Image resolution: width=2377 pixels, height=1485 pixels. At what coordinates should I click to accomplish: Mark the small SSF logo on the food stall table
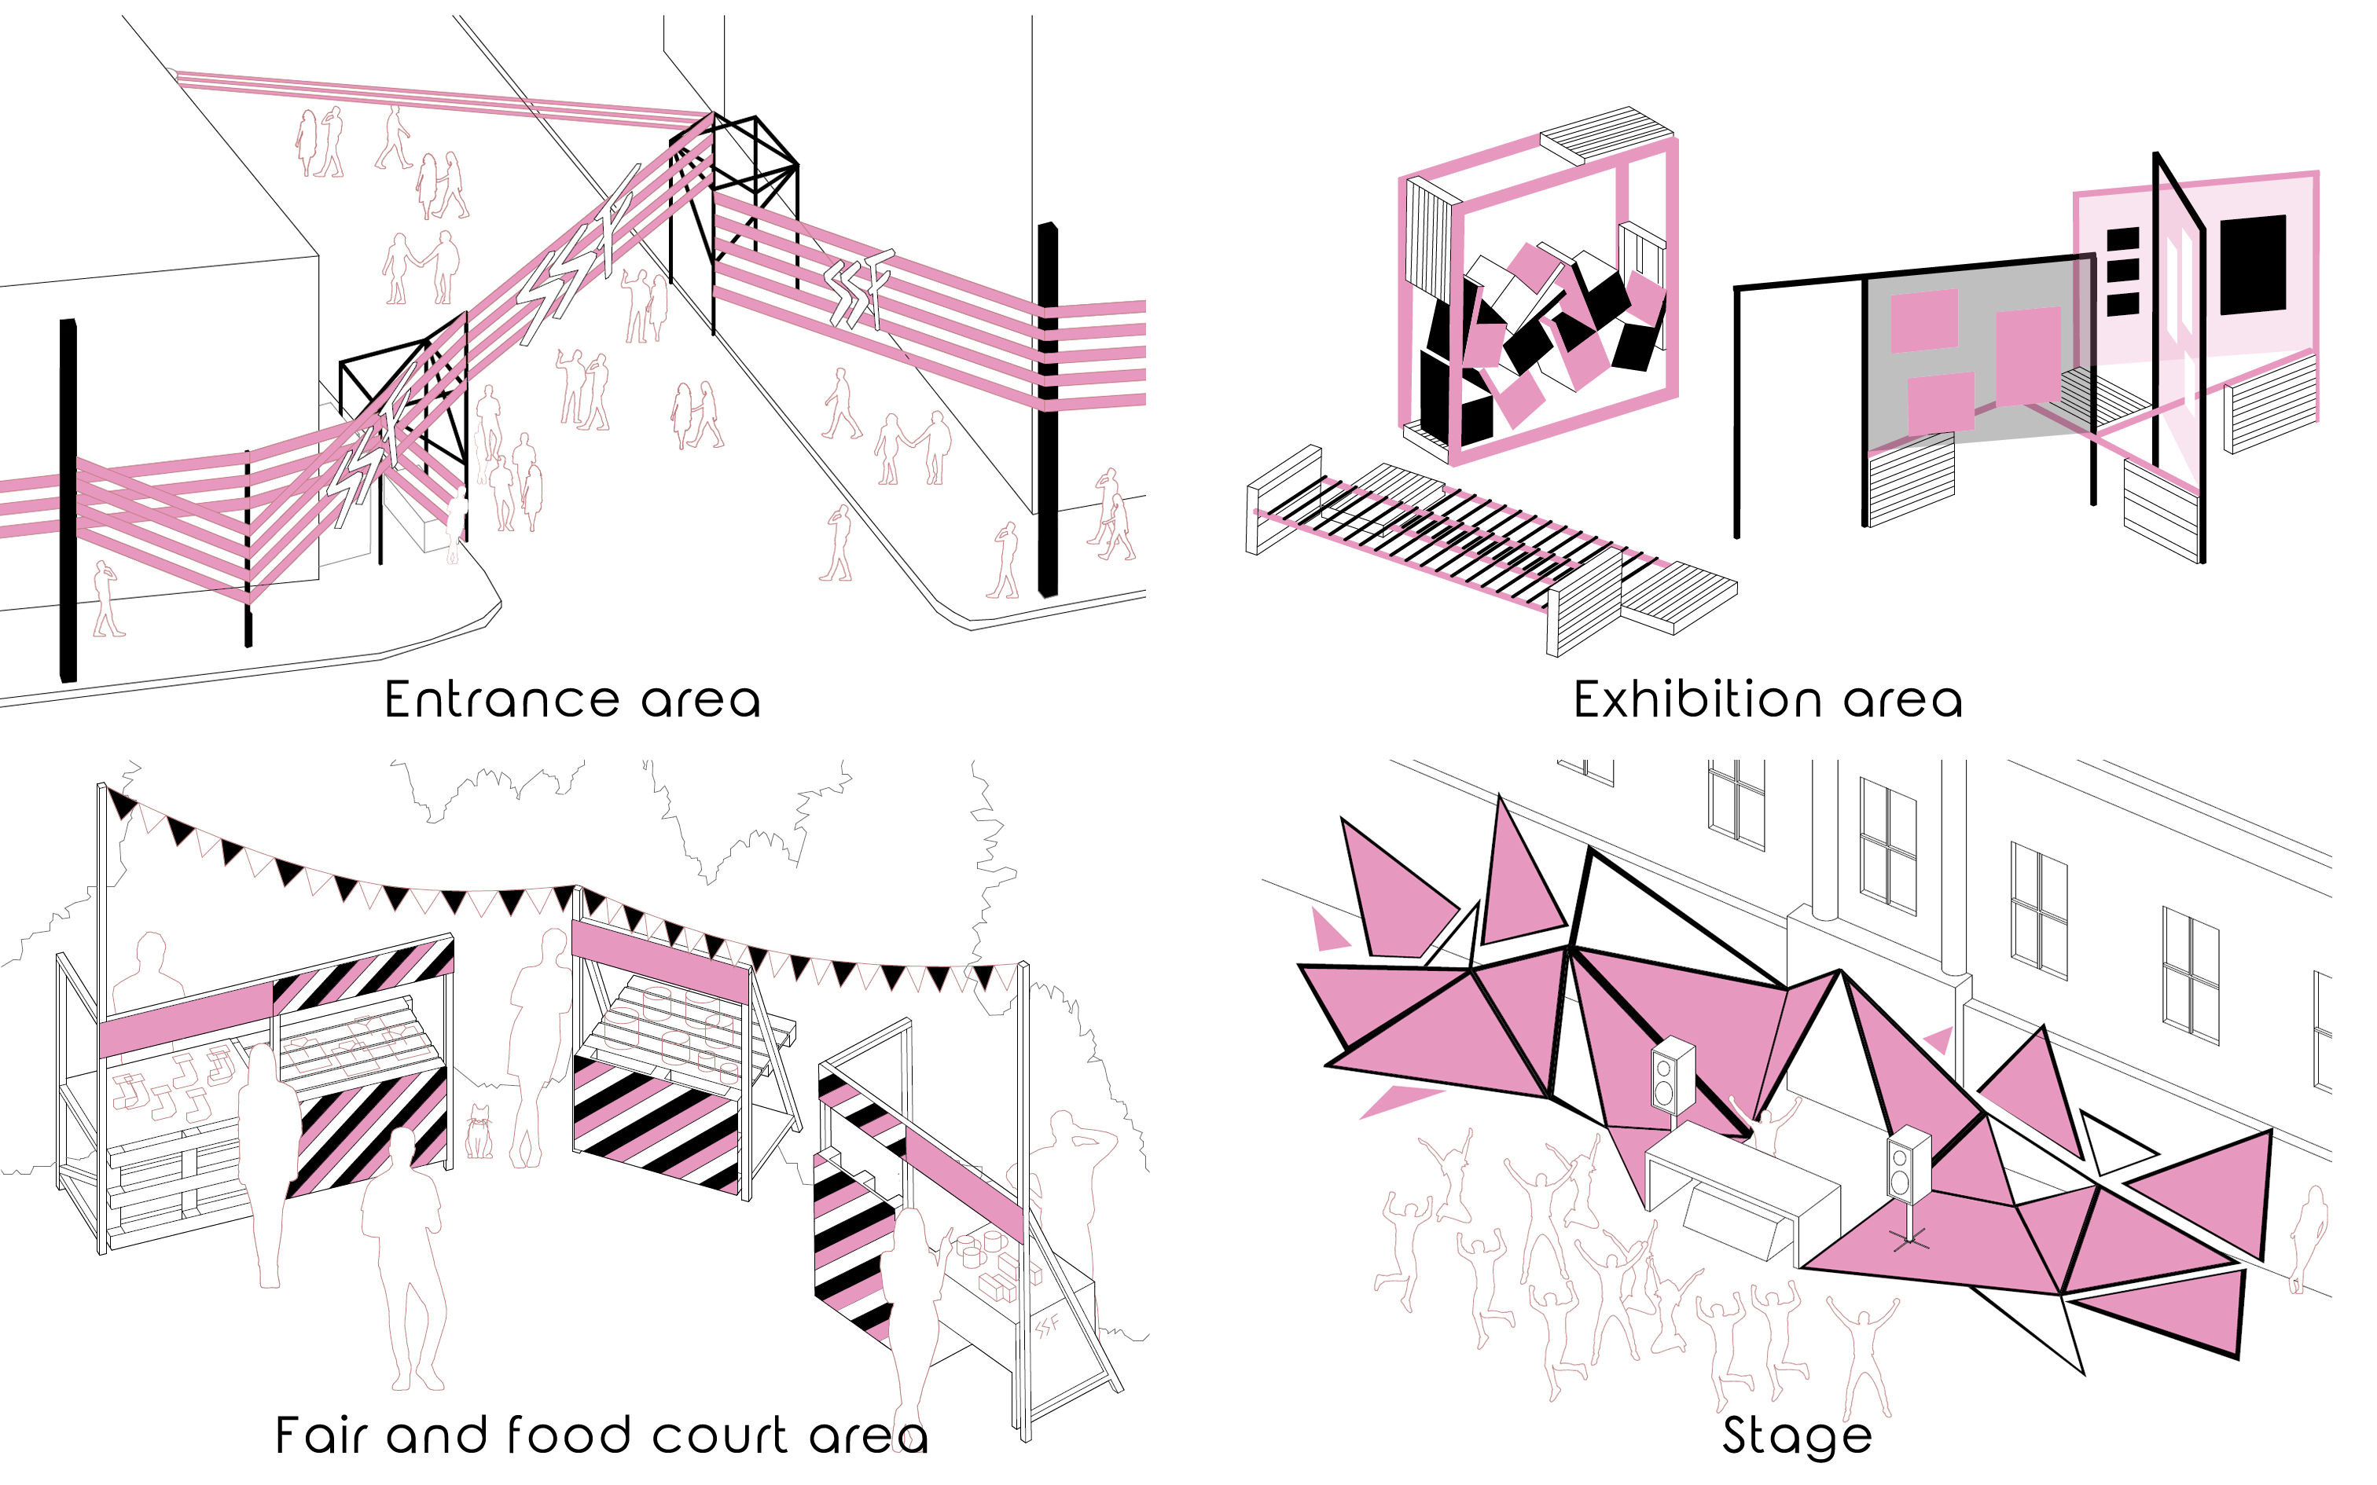point(1048,1326)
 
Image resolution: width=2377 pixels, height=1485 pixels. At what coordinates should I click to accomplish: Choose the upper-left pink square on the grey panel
point(1923,321)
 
